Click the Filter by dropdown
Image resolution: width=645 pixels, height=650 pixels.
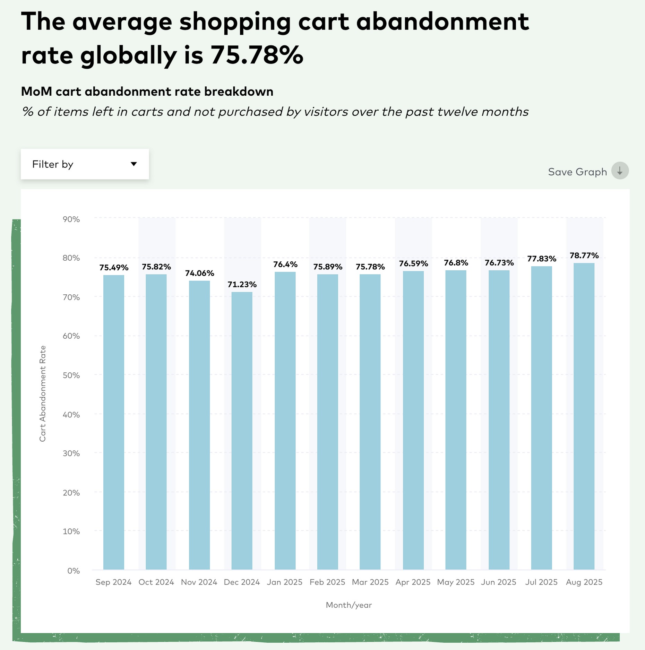tap(85, 164)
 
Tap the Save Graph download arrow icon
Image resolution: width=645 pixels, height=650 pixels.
tap(620, 171)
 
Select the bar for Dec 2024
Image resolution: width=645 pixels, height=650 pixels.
tap(242, 430)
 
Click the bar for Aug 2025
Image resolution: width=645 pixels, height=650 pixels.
tap(584, 416)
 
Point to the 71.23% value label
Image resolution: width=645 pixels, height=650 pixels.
tap(242, 285)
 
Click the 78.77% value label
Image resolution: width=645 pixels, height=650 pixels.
tap(584, 255)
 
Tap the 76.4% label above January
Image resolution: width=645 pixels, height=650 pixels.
tap(285, 265)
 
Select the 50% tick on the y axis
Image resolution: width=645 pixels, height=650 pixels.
tap(71, 375)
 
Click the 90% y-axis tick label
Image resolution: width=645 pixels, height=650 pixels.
tap(71, 219)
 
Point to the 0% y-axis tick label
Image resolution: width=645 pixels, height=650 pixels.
tap(73, 571)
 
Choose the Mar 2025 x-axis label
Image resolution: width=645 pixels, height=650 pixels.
tap(370, 582)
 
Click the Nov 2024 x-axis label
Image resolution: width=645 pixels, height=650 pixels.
tap(199, 582)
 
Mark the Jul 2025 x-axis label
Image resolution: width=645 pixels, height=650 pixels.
tap(541, 582)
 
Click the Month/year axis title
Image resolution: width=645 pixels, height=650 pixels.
tap(349, 605)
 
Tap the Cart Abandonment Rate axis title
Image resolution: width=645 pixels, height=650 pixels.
tap(43, 393)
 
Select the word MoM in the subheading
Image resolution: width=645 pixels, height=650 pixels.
tap(36, 92)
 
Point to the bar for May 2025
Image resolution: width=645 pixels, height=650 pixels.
tap(456, 419)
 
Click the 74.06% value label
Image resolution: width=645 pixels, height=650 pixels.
tap(199, 273)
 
